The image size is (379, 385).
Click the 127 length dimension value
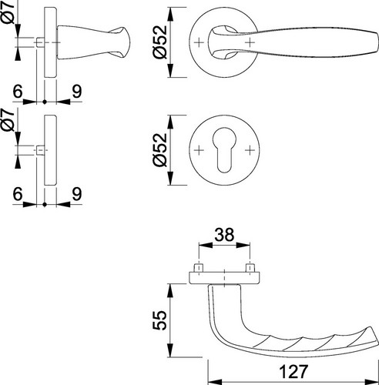[x=293, y=371]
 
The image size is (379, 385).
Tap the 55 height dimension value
[x=159, y=320]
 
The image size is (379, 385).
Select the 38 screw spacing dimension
[x=224, y=235]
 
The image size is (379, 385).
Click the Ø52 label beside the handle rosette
[x=159, y=42]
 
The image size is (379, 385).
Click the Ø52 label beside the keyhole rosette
[x=159, y=150]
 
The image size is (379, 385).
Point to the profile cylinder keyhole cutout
[x=224, y=149]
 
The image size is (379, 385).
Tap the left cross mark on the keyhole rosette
[x=199, y=150]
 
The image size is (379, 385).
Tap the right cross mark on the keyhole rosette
[x=250, y=150]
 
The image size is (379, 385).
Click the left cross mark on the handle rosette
[x=199, y=42]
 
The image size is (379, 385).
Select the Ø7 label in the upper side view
[x=9, y=13]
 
